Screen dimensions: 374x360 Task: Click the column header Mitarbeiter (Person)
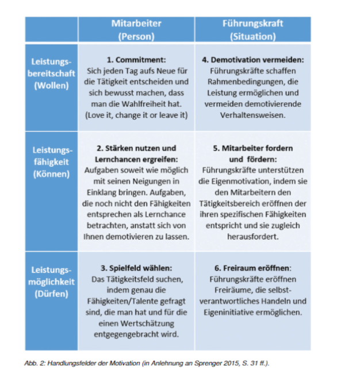(x=136, y=29)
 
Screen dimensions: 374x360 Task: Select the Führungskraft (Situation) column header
(x=252, y=29)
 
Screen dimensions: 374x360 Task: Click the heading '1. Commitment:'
(x=136, y=59)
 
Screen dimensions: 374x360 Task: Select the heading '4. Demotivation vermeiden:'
(x=253, y=59)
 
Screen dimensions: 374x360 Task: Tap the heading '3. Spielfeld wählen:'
(x=136, y=268)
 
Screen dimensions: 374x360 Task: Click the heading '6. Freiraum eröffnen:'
(x=252, y=268)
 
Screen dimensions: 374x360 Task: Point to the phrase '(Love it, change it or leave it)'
(x=136, y=115)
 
